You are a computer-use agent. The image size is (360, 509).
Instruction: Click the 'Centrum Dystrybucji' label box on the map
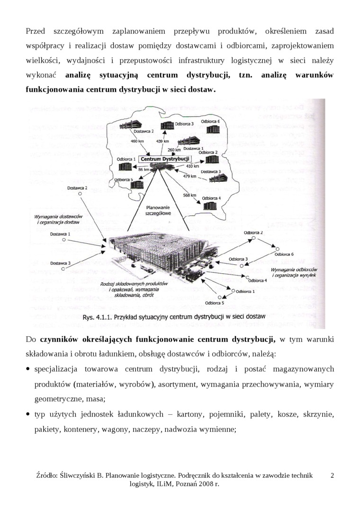(x=164, y=159)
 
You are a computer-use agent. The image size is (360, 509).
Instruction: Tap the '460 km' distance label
(x=137, y=141)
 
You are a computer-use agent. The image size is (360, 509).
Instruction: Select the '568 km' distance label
(x=189, y=195)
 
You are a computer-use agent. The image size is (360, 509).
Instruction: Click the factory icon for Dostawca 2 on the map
(x=128, y=125)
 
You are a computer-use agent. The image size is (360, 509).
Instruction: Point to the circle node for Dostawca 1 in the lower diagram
(x=63, y=240)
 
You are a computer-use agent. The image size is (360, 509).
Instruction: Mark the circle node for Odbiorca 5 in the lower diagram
(x=216, y=294)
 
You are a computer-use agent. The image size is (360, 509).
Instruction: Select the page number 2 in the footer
(x=332, y=475)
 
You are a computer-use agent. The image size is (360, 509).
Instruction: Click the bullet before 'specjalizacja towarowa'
(x=28, y=369)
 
